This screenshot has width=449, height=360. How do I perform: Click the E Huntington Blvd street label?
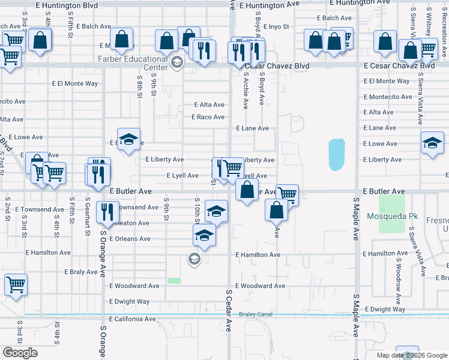tap(67, 4)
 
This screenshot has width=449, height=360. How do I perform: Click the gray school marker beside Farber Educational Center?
tap(176, 62)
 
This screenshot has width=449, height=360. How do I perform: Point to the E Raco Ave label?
tap(208, 117)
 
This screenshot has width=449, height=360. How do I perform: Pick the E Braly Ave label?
tap(81, 272)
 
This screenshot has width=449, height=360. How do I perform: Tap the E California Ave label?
tap(133, 319)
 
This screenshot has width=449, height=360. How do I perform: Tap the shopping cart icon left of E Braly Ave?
tap(15, 284)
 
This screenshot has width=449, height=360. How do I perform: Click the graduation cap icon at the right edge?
tap(432, 143)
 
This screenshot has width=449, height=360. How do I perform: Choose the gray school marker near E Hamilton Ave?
tap(194, 259)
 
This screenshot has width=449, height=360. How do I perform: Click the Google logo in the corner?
tap(20, 353)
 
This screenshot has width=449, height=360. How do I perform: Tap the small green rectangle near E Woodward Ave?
tap(174, 281)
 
